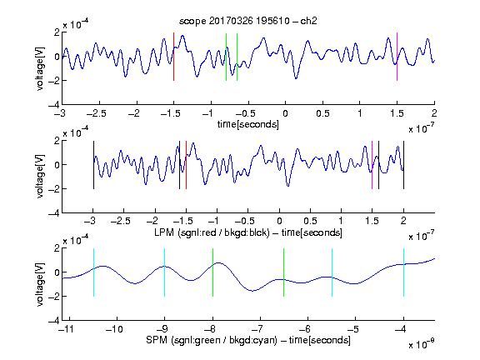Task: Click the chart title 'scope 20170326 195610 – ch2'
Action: click(x=248, y=21)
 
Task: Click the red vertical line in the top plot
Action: click(x=173, y=57)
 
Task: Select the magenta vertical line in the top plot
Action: click(x=397, y=57)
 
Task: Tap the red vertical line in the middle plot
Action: click(x=186, y=165)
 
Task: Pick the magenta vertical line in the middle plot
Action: click(x=372, y=165)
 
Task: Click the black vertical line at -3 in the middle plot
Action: click(x=93, y=165)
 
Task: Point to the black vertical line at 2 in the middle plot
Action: click(x=403, y=165)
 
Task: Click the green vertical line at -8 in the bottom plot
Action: click(x=212, y=272)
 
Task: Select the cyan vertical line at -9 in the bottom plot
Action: click(x=165, y=272)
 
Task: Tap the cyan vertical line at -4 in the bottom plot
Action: click(x=403, y=272)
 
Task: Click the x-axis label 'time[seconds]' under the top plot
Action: click(x=248, y=125)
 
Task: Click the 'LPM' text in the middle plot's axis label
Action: click(x=164, y=232)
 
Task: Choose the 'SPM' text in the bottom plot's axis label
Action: click(x=157, y=340)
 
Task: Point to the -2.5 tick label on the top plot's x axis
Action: click(x=96, y=113)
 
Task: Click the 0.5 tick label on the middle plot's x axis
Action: click(x=310, y=221)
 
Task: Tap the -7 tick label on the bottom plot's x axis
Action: click(x=259, y=329)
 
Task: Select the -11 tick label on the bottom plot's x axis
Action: click(x=66, y=329)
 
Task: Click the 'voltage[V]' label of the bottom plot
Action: click(x=40, y=284)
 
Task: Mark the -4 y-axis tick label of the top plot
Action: click(x=54, y=105)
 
